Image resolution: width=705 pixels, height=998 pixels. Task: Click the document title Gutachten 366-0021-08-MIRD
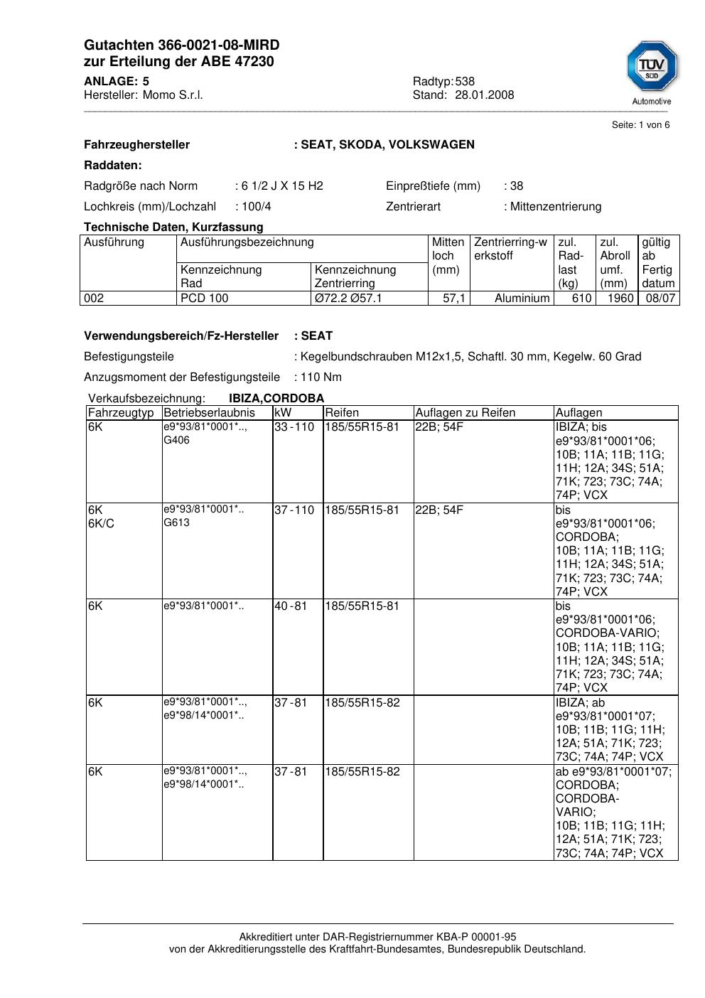[181, 45]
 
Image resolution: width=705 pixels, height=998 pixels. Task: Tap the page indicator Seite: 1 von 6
[640, 125]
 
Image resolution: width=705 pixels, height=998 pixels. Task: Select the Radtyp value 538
[465, 82]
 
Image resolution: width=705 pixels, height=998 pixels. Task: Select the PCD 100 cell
[205, 299]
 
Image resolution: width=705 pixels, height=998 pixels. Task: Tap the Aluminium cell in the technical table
[522, 299]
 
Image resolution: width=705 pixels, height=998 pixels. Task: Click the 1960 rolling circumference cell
[620, 299]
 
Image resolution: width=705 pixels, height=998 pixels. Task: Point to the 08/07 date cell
[660, 299]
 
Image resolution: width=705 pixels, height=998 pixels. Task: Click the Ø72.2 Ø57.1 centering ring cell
[348, 299]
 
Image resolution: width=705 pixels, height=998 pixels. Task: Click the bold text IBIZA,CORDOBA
[276, 399]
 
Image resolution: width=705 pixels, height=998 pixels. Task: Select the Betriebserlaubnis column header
[209, 413]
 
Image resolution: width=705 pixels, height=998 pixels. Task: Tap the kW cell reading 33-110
[294, 427]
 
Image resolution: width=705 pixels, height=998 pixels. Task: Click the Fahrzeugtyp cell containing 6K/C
[101, 523]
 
